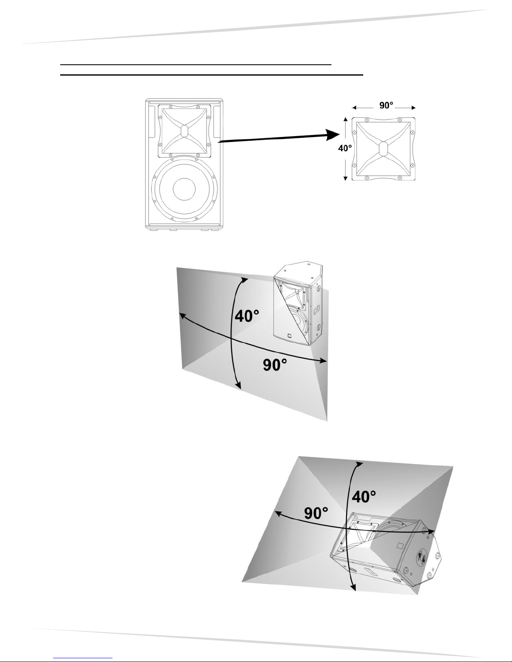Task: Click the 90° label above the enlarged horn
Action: click(386, 105)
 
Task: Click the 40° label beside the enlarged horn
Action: click(345, 148)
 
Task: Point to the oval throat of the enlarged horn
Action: click(383, 149)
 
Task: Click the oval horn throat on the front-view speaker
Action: click(184, 131)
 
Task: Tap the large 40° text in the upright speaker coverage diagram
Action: click(247, 315)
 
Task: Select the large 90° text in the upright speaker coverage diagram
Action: click(275, 365)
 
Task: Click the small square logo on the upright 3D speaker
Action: click(290, 336)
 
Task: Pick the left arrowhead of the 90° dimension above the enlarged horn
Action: click(354, 107)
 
